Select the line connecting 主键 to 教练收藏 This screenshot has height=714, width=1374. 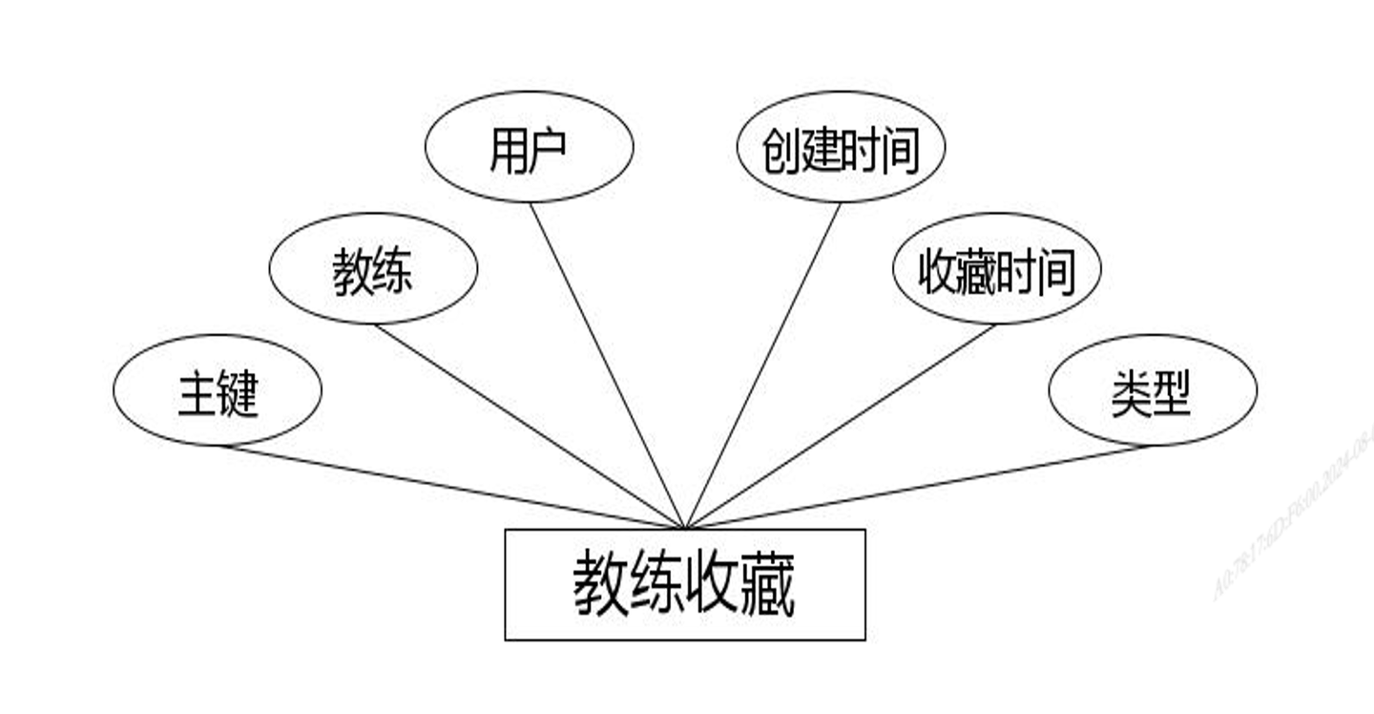click(448, 486)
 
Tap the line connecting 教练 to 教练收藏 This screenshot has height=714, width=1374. click(530, 426)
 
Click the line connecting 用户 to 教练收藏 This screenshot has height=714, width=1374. click(607, 365)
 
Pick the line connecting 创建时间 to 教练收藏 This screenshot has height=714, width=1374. click(763, 365)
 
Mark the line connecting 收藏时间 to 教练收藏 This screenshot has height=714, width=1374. click(840, 426)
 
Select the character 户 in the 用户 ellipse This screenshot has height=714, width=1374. click(549, 150)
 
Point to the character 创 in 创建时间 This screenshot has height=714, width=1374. click(781, 151)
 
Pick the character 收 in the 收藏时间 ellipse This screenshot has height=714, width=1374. click(938, 272)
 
